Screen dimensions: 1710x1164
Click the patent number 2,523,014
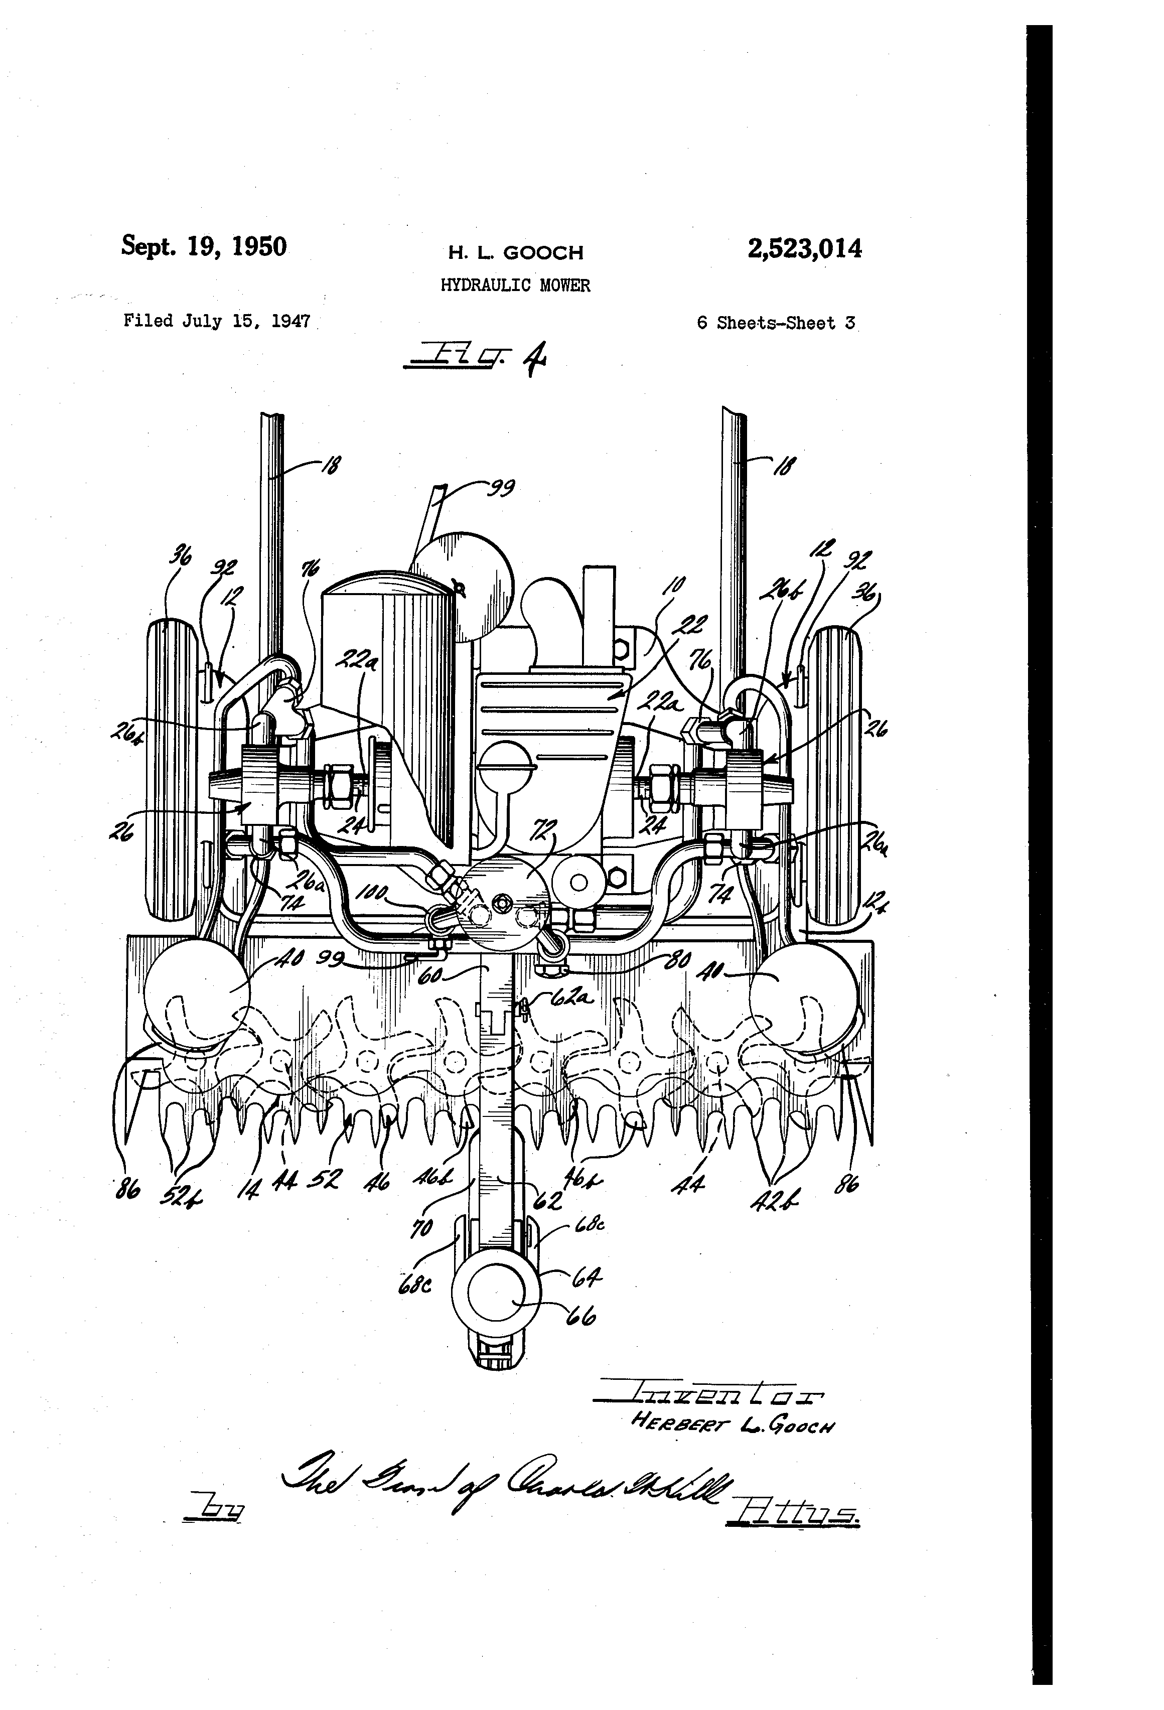click(804, 249)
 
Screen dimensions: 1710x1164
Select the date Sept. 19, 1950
click(204, 246)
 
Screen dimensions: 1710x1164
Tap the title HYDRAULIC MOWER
click(515, 286)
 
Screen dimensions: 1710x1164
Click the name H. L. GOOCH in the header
click(516, 253)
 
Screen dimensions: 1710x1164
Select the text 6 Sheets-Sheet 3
click(776, 323)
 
